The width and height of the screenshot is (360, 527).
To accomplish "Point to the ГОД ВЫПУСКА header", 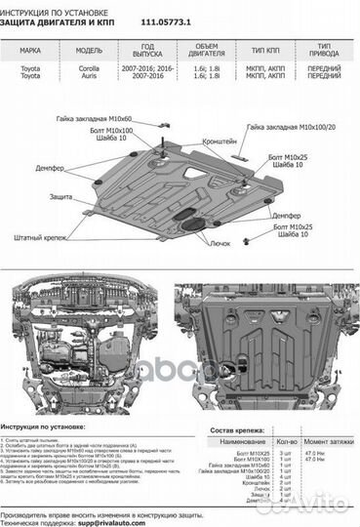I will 146,51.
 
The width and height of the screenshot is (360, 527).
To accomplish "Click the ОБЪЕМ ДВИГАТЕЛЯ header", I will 208,51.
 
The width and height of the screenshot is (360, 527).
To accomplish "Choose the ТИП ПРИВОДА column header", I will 324,51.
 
